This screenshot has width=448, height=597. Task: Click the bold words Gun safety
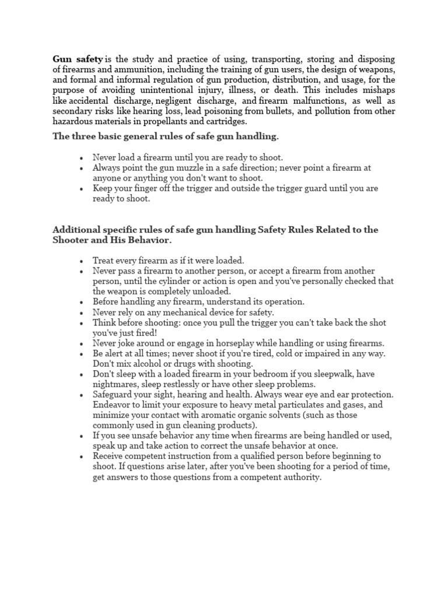[78, 59]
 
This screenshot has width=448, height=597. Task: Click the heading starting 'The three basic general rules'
[157, 136]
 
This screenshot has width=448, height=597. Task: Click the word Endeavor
[112, 405]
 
